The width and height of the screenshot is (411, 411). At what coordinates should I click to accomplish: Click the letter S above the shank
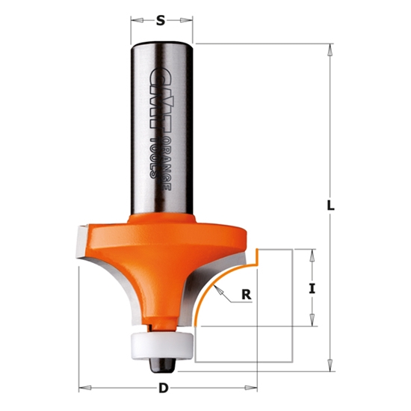click(x=161, y=21)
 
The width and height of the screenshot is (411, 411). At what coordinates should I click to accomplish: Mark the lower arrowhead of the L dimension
click(x=330, y=366)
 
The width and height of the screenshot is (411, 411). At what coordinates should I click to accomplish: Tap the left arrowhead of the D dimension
click(x=83, y=388)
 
